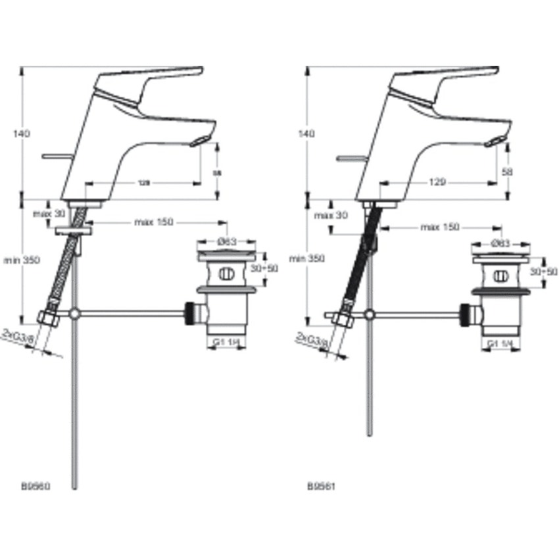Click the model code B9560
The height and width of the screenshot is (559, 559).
tap(36, 487)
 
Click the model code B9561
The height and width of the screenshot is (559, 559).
tap(322, 487)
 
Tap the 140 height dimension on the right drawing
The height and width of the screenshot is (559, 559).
tap(306, 134)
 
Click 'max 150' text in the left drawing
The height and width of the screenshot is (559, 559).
tap(153, 222)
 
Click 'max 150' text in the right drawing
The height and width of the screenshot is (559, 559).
tap(440, 228)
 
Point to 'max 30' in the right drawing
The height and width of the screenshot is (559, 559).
tap(333, 216)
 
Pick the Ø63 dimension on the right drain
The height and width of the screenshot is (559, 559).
tap(501, 243)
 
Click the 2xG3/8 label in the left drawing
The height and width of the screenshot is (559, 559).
tap(17, 337)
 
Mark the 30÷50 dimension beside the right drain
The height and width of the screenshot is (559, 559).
tap(545, 271)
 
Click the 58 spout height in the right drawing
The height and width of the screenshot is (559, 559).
tap(506, 171)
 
